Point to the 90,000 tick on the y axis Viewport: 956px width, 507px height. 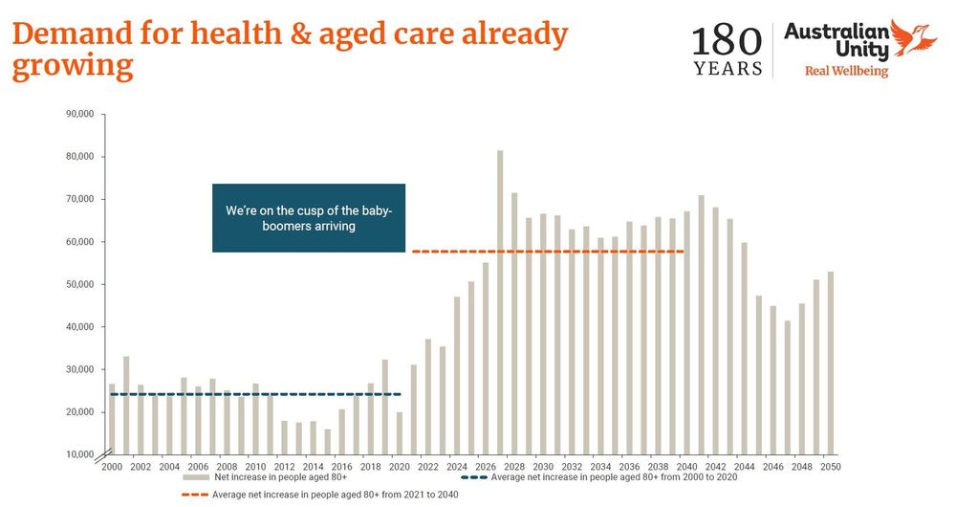pos(79,114)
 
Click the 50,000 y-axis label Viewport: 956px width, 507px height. pos(79,284)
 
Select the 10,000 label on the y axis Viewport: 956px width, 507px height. pos(79,453)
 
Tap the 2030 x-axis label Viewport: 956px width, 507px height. pos(544,467)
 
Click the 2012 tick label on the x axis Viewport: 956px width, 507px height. pos(285,467)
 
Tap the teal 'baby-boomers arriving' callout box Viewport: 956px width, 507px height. pos(309,218)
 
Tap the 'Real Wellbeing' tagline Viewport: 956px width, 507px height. pos(846,72)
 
